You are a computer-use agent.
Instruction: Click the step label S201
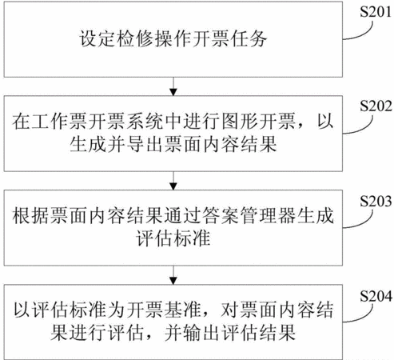[376, 12]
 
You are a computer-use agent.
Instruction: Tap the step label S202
[376, 106]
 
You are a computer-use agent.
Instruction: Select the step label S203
[376, 201]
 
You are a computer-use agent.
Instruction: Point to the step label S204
[376, 296]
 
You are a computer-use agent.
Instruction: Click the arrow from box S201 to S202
[173, 86]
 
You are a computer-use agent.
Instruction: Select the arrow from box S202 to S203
[173, 181]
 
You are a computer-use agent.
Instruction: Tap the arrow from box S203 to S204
[173, 275]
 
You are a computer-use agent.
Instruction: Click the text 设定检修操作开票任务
[173, 39]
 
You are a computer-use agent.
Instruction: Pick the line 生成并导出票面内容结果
[173, 145]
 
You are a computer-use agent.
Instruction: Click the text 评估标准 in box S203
[173, 238]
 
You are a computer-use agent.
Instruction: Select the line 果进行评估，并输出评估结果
[173, 332]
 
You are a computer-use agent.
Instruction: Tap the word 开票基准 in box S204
[164, 310]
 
